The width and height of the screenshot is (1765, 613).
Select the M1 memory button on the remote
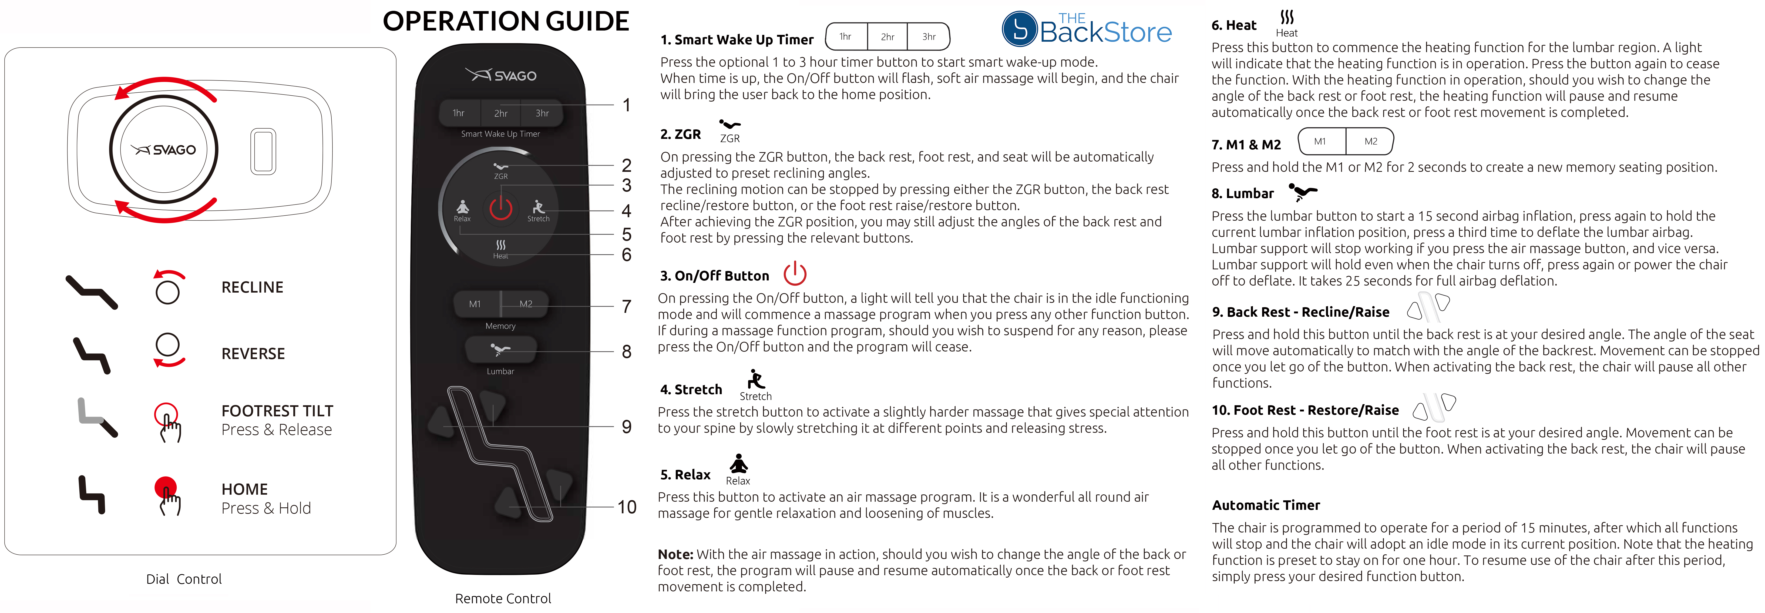coord(475,304)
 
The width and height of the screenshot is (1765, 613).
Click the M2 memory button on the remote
coord(526,304)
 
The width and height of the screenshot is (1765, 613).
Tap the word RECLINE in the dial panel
coord(252,287)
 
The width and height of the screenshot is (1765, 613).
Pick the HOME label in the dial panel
coord(245,489)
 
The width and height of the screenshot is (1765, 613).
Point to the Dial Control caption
coord(184,579)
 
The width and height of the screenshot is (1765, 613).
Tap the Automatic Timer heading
coord(1266,505)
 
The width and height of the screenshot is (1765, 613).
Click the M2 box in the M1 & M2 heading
coord(1370,141)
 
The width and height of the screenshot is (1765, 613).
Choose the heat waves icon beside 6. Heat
coord(1287,17)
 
